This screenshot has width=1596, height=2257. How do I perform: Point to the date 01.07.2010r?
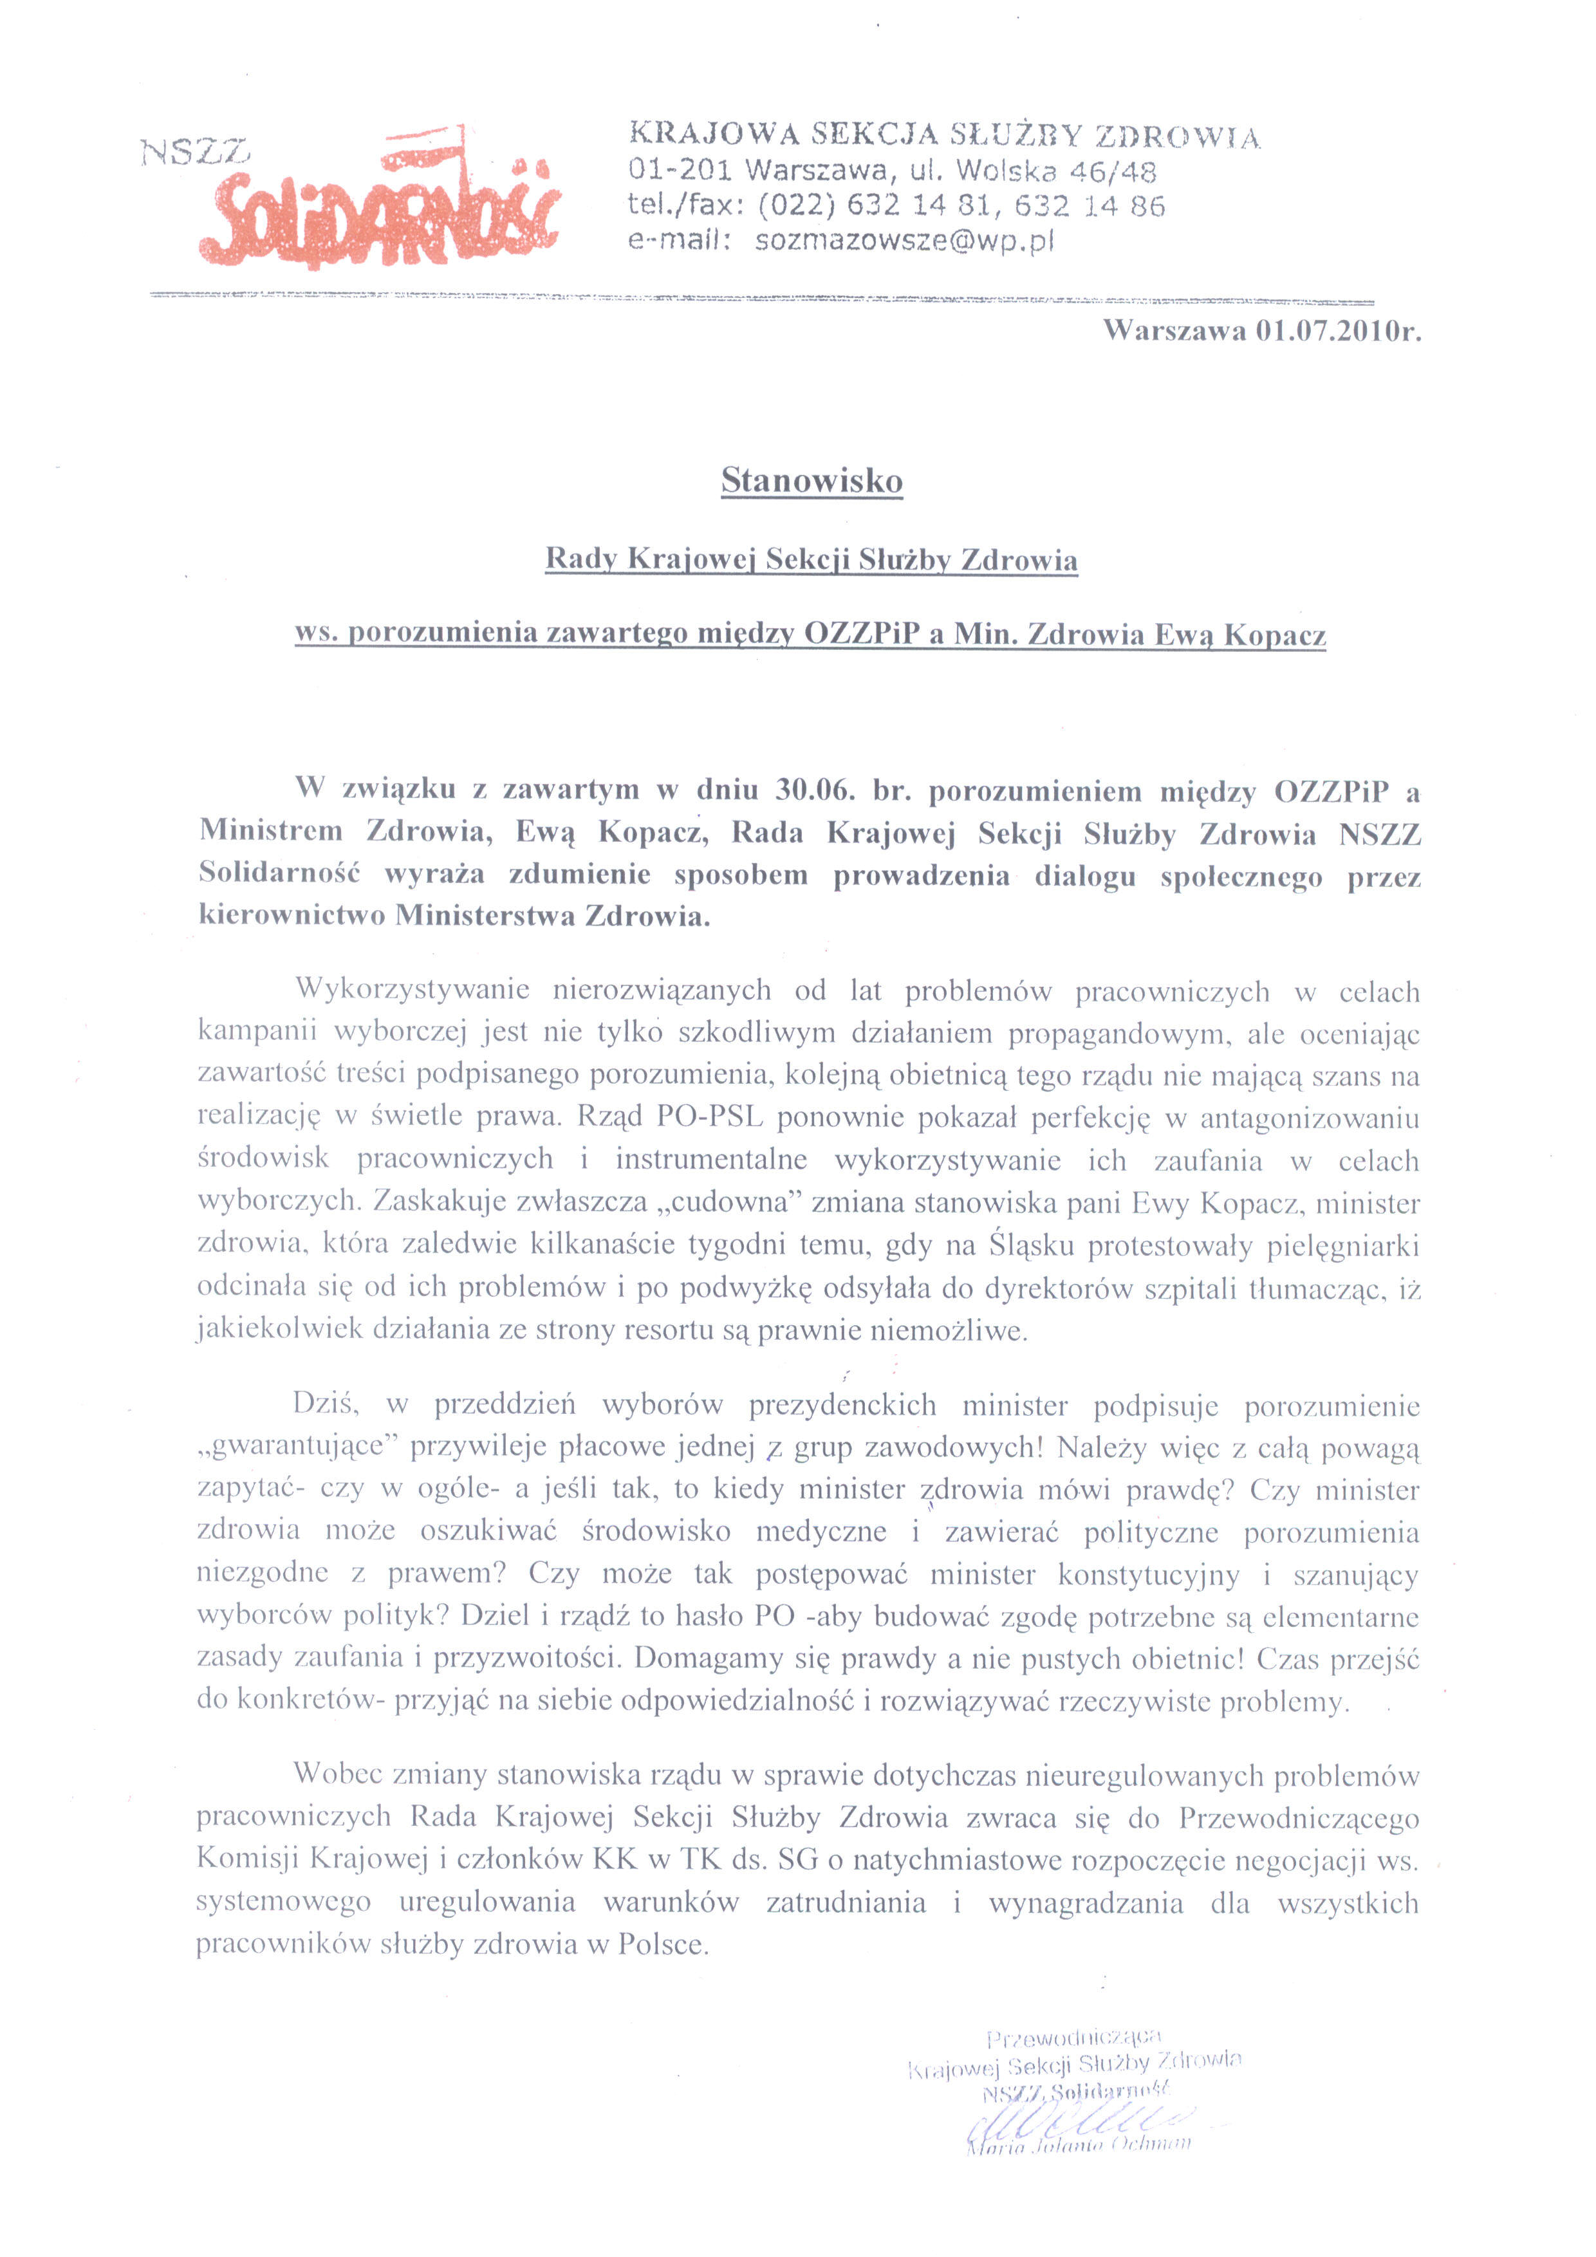[1337, 331]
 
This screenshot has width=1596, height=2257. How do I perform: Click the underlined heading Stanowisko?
[812, 481]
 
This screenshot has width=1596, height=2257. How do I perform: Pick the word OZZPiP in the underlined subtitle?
[863, 635]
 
